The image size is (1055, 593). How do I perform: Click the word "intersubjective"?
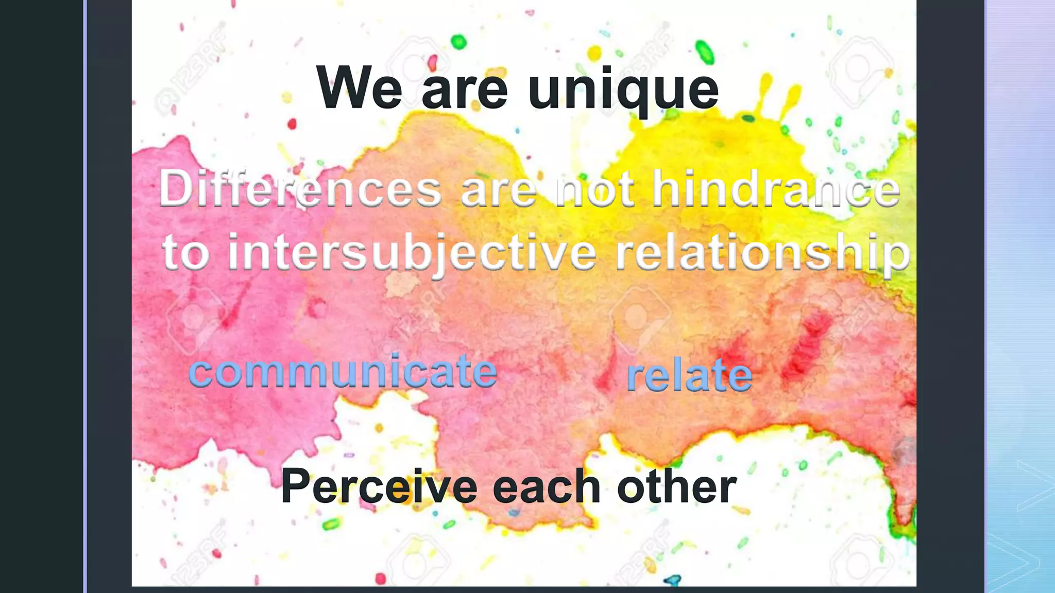coord(412,253)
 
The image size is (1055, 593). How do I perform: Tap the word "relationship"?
coord(762,253)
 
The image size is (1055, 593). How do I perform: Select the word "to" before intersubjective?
coord(186,253)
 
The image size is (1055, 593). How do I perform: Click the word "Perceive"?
coord(379,486)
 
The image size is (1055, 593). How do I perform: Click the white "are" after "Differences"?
coord(499,190)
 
